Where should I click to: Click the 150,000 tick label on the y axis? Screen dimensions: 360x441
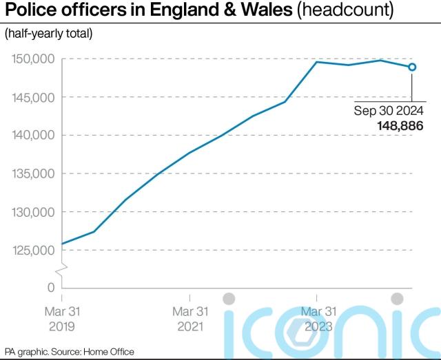pyautogui.click(x=32, y=59)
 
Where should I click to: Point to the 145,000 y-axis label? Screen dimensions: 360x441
pyautogui.click(x=32, y=97)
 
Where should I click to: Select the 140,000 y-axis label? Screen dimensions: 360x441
pyautogui.click(x=32, y=136)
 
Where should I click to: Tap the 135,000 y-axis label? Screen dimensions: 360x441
pyautogui.click(x=32, y=173)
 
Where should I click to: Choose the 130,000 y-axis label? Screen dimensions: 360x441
pyautogui.click(x=32, y=212)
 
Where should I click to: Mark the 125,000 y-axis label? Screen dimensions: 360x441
pyautogui.click(x=32, y=250)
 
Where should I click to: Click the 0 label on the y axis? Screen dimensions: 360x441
pyautogui.click(x=51, y=286)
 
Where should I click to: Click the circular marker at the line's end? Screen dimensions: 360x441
pyautogui.click(x=412, y=67)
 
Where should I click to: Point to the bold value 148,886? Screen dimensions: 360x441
pyautogui.click(x=400, y=127)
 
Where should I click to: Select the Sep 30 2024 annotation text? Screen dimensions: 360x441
pyautogui.click(x=389, y=111)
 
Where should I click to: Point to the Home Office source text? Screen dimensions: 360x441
pyautogui.click(x=108, y=352)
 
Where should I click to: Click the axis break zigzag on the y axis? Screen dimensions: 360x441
pyautogui.click(x=63, y=268)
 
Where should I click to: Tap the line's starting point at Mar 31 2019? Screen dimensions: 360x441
pyautogui.click(x=63, y=244)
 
